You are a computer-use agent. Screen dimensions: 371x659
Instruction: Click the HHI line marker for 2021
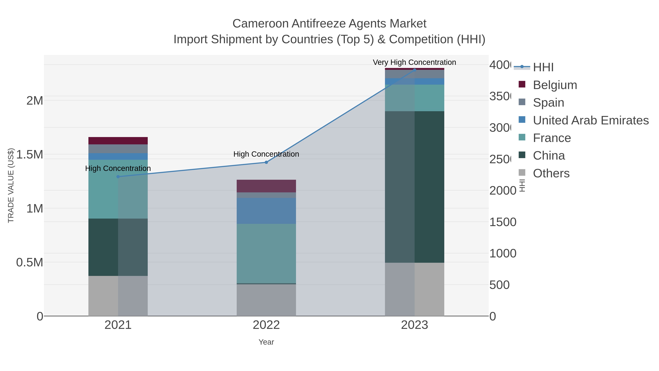click(x=118, y=177)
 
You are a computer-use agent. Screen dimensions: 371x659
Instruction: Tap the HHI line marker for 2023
click(x=414, y=70)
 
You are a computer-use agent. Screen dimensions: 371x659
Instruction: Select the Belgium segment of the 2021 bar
click(x=118, y=141)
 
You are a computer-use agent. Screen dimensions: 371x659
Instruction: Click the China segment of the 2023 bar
click(x=414, y=187)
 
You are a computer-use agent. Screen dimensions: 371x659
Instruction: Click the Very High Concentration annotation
click(x=414, y=62)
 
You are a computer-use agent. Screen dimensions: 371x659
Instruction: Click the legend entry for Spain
click(x=548, y=103)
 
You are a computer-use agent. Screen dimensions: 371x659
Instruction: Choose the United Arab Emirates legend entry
click(x=590, y=120)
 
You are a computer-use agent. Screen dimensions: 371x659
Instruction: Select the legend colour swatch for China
click(x=522, y=155)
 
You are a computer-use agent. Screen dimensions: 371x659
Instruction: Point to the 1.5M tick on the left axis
click(x=30, y=155)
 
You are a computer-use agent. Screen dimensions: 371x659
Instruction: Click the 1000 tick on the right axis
click(x=503, y=254)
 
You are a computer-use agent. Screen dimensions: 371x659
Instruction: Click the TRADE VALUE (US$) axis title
click(x=11, y=185)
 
